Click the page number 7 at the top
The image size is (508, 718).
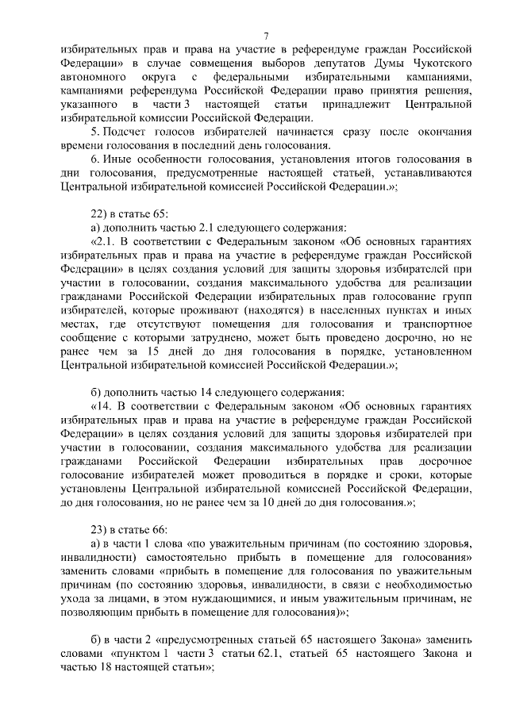click(x=267, y=35)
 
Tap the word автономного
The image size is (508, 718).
click(x=95, y=78)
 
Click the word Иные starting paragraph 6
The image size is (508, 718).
click(x=117, y=159)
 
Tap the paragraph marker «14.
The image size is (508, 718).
click(x=103, y=405)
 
